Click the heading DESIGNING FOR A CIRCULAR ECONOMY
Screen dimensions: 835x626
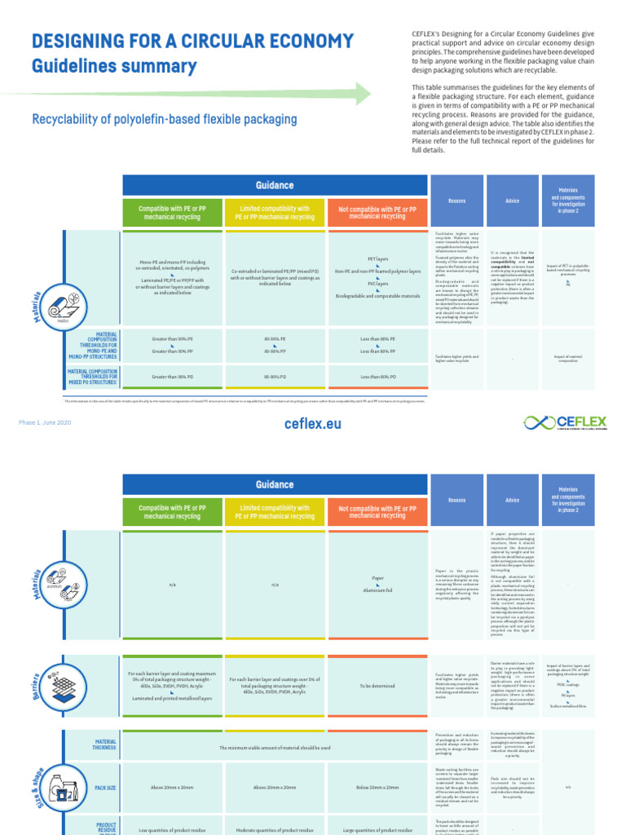pyautogui.click(x=192, y=42)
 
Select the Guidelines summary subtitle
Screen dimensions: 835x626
pyautogui.click(x=114, y=67)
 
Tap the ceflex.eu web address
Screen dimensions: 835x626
pyautogui.click(x=313, y=424)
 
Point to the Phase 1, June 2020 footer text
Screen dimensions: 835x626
pyautogui.click(x=45, y=422)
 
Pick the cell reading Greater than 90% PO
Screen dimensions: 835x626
pyautogui.click(x=172, y=377)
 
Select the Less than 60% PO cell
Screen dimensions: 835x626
pyautogui.click(x=377, y=377)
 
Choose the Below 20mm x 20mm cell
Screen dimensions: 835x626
pyautogui.click(x=377, y=787)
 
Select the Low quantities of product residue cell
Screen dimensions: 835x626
pyautogui.click(x=172, y=829)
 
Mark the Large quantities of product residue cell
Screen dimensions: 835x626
pyautogui.click(x=377, y=829)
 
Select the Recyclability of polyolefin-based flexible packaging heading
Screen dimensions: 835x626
pyautogui.click(x=164, y=120)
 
